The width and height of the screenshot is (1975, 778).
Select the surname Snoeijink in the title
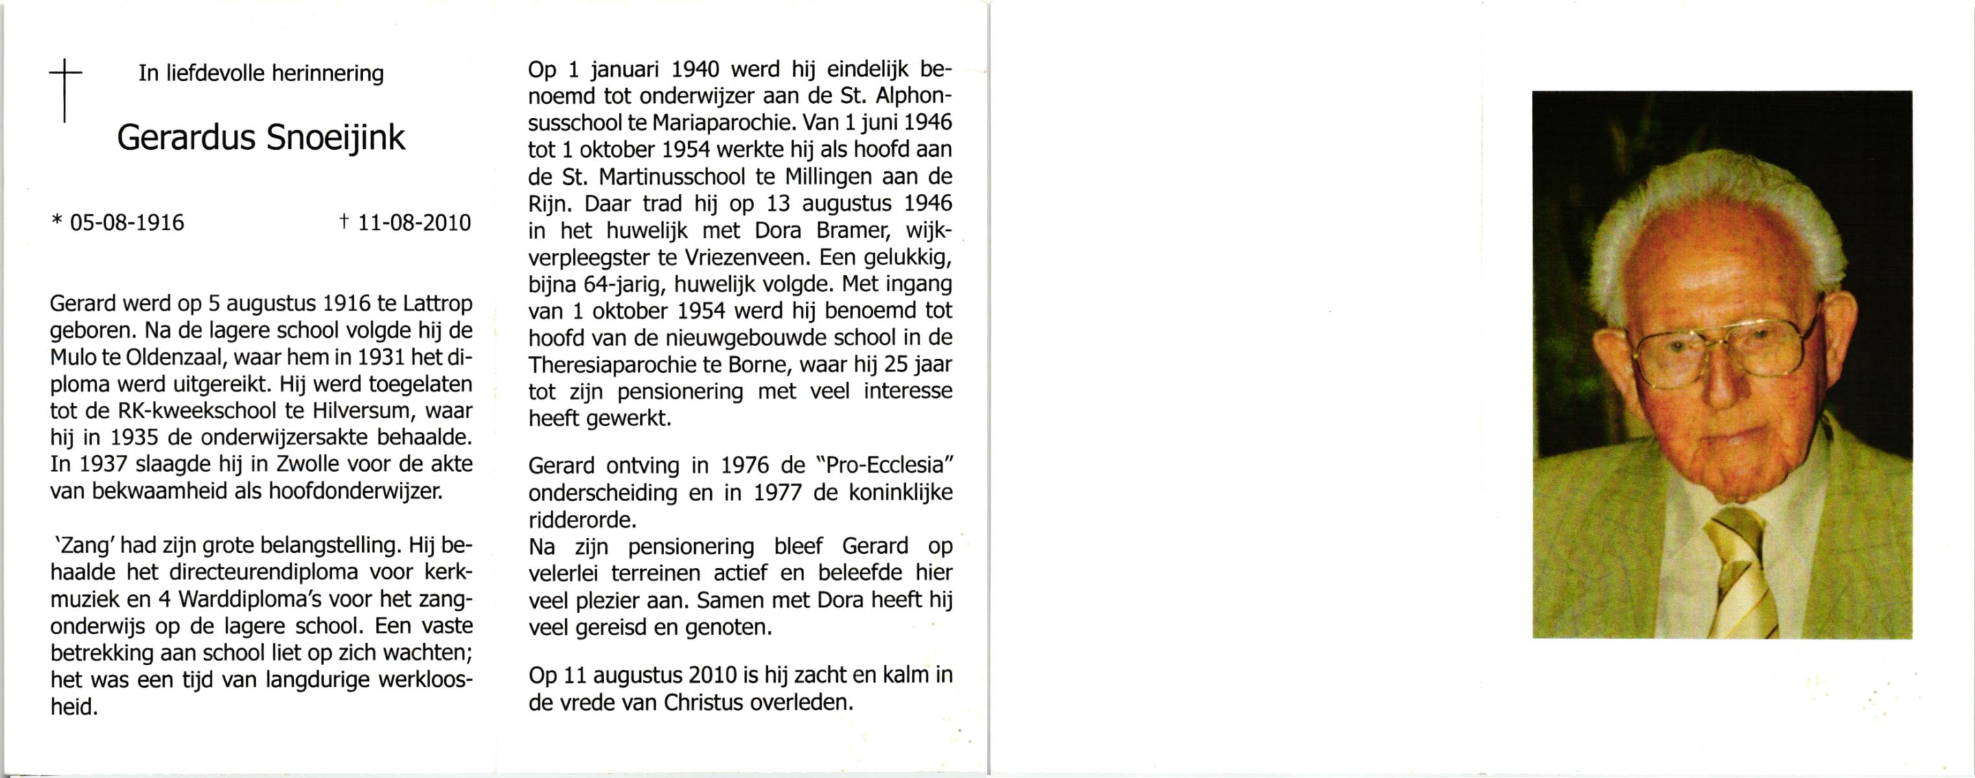coord(335,138)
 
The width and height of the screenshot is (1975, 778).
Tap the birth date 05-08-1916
coord(126,222)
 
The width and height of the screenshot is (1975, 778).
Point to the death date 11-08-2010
coord(414,222)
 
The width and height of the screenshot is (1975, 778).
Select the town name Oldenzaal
coord(168,357)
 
